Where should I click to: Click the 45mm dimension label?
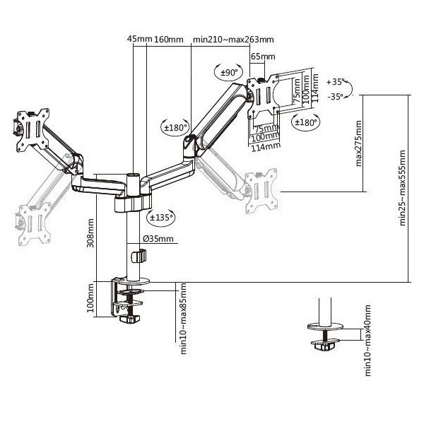tap(140, 39)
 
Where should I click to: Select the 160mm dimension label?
tap(169, 40)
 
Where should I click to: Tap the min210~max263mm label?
tap(233, 40)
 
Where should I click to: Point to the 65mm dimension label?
tap(263, 57)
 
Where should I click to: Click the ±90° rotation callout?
tap(228, 73)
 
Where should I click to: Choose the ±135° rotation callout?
tap(160, 217)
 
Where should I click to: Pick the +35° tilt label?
tap(335, 81)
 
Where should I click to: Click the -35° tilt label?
tap(335, 96)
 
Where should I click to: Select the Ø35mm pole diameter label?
tap(158, 239)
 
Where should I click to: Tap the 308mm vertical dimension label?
tap(90, 233)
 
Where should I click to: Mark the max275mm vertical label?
tap(358, 143)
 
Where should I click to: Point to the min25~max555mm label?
tap(402, 188)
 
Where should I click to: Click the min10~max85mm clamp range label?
tap(183, 319)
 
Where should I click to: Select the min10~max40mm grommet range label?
tap(367, 341)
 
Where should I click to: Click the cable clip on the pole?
tap(139, 256)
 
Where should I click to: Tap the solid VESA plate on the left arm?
tap(33, 130)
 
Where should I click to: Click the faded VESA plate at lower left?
tap(35, 224)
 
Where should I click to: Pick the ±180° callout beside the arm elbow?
tap(175, 127)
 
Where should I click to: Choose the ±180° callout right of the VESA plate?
tap(305, 122)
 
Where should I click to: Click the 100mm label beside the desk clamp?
tap(90, 298)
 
